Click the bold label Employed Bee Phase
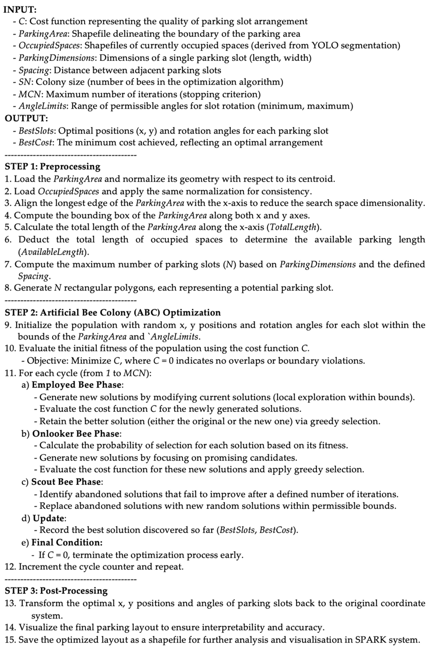coord(76,385)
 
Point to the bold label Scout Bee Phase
coord(66,482)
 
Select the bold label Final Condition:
coord(67,542)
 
